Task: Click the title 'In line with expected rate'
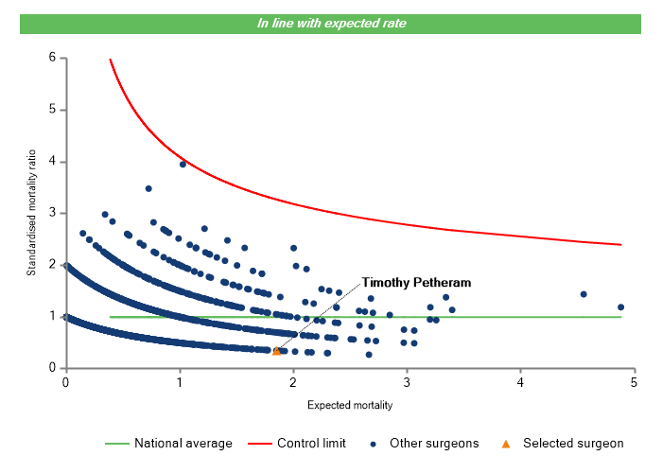[x=332, y=23]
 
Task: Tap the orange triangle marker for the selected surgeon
[x=276, y=351]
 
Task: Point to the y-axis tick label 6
[x=53, y=58]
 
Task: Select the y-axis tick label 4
[x=53, y=162]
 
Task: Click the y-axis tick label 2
[x=53, y=265]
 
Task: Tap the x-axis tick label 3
[x=407, y=382]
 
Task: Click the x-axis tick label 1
[x=179, y=382]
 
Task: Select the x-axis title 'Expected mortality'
[x=350, y=406]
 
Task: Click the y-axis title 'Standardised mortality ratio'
[x=31, y=213]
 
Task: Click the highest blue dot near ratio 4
[x=183, y=164]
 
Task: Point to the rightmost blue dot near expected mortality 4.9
[x=620, y=307]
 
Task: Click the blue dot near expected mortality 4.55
[x=584, y=294]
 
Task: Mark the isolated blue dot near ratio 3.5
[x=148, y=188]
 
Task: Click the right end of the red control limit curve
[x=620, y=244]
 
